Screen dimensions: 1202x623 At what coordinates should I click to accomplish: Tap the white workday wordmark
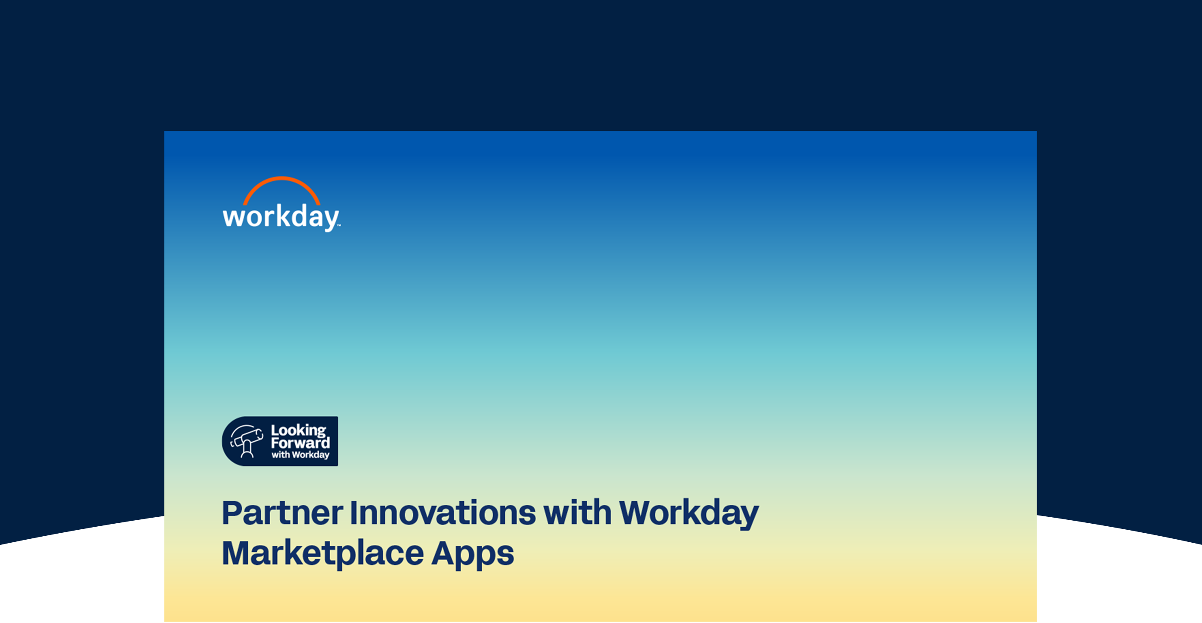282,218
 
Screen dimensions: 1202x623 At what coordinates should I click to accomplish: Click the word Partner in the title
282,513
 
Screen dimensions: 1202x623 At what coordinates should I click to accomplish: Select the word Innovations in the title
443,513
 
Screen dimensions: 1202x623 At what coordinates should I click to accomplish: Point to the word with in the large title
577,512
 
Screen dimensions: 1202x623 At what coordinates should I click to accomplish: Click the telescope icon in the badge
247,441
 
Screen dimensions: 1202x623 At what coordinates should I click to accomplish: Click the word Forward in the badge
300,443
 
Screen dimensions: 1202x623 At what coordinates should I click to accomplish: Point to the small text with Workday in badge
300,455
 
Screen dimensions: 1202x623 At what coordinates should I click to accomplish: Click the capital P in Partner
232,513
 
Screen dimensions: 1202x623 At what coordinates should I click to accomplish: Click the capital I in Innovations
354,513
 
